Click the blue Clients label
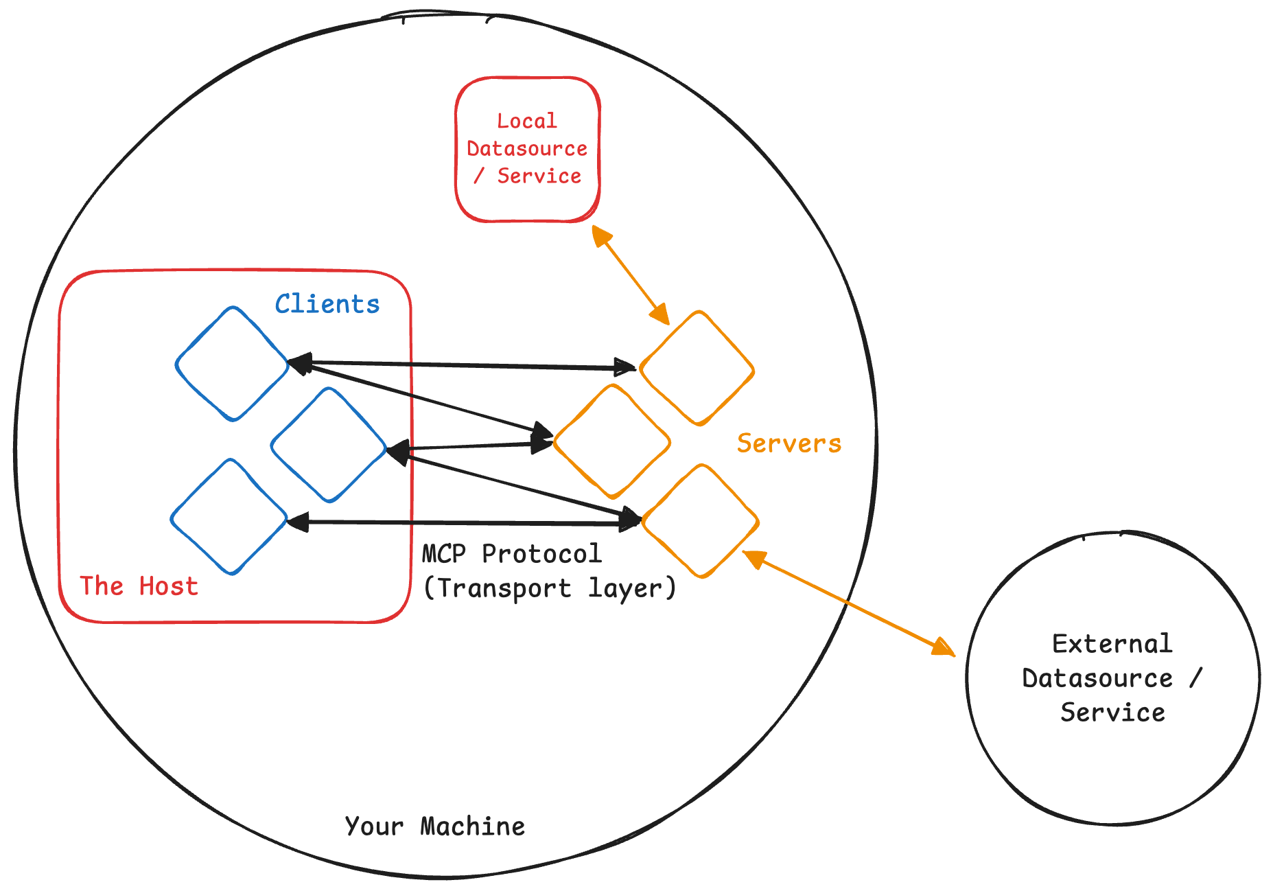tap(327, 304)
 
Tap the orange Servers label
tap(789, 443)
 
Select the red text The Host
tap(139, 586)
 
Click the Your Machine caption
tap(434, 826)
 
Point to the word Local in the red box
tap(526, 121)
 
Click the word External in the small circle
tap(1112, 644)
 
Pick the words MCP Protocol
tap(511, 554)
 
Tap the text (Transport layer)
tap(550, 588)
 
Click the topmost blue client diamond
tap(232, 364)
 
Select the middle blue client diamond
tap(329, 445)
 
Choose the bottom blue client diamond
tap(229, 517)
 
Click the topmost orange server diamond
tap(697, 369)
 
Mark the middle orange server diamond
tap(611, 441)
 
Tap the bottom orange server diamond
tap(700, 521)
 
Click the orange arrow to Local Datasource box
tap(630, 275)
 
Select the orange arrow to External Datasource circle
tap(848, 603)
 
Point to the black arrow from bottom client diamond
tap(463, 523)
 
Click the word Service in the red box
tap(539, 176)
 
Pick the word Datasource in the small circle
tap(1097, 678)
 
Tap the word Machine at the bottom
tap(472, 826)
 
